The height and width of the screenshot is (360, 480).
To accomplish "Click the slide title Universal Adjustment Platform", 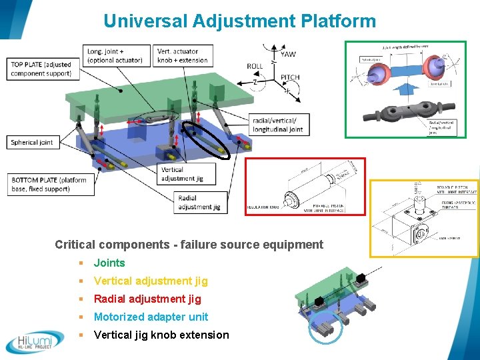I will pos(239,21).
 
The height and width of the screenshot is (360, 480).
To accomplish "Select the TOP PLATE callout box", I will pos(41,69).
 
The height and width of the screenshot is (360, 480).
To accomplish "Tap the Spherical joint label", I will pos(32,142).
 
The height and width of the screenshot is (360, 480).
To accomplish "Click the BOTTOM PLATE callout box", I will pos(49,185).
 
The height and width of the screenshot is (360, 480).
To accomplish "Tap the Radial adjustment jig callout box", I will pos(199,202).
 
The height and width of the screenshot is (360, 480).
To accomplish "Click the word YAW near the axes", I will pos(288,54).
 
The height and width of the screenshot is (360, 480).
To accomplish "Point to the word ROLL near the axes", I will pos(255,66).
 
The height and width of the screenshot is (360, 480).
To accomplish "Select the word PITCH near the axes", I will pos(289,77).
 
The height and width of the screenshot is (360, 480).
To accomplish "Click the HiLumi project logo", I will pos(35,342).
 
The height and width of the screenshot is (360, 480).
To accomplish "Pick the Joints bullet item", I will pos(109,263).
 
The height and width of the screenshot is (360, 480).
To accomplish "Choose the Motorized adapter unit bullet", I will pos(151,317).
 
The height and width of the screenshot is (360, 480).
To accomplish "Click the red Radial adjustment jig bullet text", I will pos(147,299).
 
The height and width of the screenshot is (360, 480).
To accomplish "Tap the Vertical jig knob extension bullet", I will pos(161,335).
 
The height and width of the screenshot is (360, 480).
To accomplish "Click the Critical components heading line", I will pos(189,245).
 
